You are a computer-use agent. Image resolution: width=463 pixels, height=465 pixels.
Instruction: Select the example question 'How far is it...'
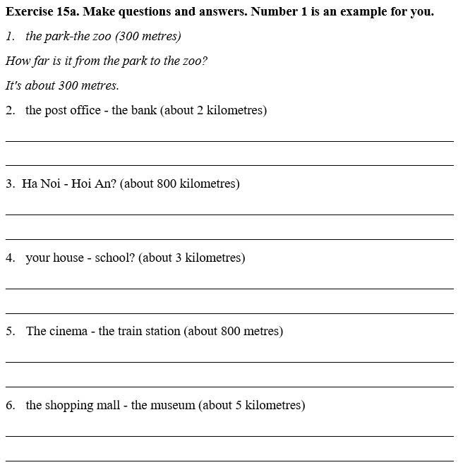coord(107,61)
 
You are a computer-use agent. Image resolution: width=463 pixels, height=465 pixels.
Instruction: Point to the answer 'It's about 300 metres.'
coord(62,85)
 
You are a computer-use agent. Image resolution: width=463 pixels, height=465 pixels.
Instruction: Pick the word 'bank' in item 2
coord(144,110)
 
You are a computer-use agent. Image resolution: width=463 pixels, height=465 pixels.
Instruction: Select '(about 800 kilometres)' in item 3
coord(180,183)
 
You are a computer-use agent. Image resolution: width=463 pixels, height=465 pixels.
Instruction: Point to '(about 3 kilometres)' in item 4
coord(192,258)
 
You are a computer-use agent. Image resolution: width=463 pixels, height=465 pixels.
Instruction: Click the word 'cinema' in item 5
coord(68,331)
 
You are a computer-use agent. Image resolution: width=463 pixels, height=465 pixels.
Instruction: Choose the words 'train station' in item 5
coord(149,331)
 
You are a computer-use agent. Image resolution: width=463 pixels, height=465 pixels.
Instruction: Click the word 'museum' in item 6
coord(172,405)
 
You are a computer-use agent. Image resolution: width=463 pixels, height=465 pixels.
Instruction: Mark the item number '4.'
coord(11,258)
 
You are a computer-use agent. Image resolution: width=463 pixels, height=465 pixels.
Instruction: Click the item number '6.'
coord(11,405)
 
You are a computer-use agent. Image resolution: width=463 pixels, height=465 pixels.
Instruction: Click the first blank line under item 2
coord(229,140)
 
